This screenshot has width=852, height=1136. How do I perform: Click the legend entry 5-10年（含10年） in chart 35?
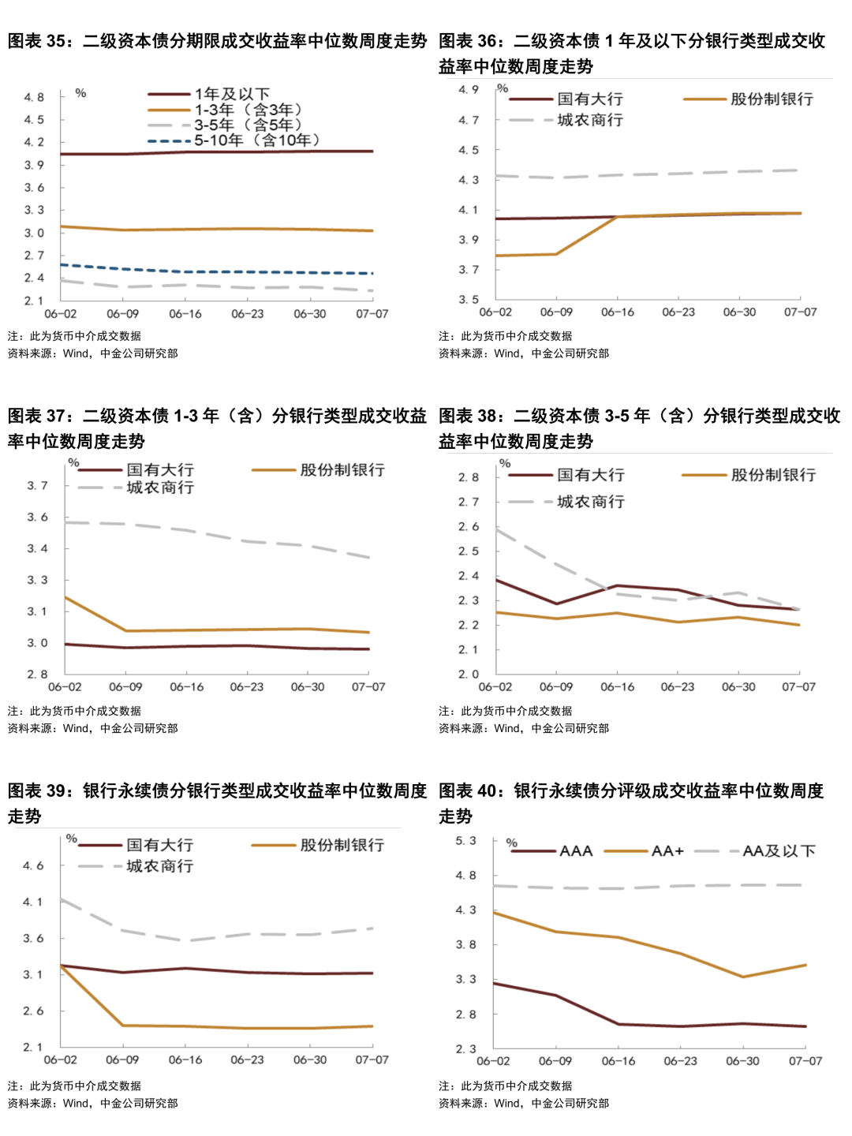[257, 140]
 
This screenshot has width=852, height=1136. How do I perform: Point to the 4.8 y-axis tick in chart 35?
[34, 98]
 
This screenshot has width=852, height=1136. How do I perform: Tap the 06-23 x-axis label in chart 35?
[247, 314]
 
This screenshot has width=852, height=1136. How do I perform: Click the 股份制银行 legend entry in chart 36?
[772, 99]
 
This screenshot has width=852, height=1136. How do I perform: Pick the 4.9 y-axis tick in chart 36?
[469, 90]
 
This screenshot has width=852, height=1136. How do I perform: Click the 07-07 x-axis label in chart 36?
[800, 312]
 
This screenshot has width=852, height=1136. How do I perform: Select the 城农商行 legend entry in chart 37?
[160, 488]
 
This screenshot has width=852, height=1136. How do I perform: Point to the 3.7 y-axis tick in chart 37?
[37, 486]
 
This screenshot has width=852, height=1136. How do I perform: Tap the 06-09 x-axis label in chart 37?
[125, 687]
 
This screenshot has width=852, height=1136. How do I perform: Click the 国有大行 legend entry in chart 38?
[591, 476]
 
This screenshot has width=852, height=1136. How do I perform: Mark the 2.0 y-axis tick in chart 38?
[469, 674]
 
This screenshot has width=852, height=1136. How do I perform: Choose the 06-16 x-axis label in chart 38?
[617, 687]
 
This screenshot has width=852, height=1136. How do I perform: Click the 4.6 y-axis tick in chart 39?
[33, 866]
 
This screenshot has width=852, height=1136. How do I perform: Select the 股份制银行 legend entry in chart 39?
[342, 846]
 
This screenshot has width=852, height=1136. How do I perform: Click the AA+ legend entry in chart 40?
[667, 851]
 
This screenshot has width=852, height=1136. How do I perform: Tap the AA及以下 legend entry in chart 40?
[779, 851]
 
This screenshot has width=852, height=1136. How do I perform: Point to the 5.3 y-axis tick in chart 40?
[465, 841]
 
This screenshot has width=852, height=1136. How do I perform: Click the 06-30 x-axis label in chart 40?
[742, 1061]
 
